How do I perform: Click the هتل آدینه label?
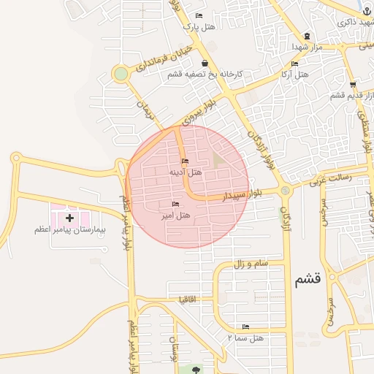click(x=186, y=172)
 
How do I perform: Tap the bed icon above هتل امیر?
click(x=175, y=204)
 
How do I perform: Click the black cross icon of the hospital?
click(x=70, y=218)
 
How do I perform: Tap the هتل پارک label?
click(x=200, y=27)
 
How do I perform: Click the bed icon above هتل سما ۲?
click(x=245, y=327)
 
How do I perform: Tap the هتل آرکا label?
click(x=295, y=75)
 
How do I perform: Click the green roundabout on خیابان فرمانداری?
click(x=121, y=74)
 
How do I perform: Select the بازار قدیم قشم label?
click(x=348, y=95)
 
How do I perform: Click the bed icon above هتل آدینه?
click(x=184, y=161)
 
